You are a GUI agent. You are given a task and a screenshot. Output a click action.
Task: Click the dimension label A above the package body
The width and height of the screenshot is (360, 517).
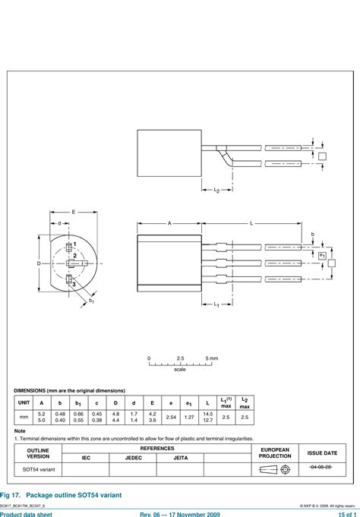click(169, 223)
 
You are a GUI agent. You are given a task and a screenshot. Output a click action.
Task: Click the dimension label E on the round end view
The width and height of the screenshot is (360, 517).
click(74, 212)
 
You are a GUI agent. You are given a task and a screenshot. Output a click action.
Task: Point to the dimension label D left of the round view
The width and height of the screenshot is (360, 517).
click(38, 263)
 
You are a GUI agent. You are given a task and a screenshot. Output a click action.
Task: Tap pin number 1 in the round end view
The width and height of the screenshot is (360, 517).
click(74, 244)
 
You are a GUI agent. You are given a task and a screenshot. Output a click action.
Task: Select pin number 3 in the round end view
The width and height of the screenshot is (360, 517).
click(74, 284)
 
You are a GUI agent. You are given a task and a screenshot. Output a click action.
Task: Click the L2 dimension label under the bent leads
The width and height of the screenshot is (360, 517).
click(216, 191)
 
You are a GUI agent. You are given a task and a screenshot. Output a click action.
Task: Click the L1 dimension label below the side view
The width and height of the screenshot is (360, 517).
click(216, 304)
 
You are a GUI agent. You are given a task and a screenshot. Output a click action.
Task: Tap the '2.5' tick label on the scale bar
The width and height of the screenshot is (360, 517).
click(180, 358)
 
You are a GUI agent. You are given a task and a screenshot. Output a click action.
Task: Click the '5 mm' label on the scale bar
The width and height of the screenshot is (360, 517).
click(212, 358)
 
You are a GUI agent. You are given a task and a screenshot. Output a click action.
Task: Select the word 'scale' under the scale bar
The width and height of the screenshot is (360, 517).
click(180, 370)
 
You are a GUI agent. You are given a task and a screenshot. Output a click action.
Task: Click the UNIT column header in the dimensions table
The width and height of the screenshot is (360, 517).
click(24, 402)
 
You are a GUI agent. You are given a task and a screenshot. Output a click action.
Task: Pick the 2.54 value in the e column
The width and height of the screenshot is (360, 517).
click(171, 417)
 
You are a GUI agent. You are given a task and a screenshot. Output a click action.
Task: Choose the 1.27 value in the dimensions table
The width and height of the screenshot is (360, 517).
click(189, 417)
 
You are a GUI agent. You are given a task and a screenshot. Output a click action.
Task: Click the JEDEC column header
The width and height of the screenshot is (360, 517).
click(132, 458)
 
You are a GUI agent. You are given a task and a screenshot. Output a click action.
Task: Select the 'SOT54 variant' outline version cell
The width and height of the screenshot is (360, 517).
click(38, 470)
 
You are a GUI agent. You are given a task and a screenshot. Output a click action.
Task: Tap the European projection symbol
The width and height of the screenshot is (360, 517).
click(275, 470)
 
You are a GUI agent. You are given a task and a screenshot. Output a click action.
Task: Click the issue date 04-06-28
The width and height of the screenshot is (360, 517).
click(321, 468)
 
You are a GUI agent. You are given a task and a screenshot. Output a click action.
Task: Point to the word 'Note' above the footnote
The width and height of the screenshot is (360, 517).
click(20, 430)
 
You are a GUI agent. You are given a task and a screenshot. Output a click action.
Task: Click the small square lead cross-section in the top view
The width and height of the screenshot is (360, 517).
click(323, 156)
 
